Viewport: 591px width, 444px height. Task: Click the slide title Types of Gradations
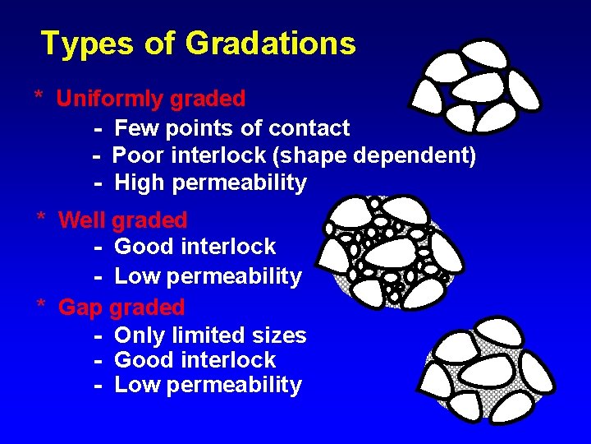click(x=198, y=43)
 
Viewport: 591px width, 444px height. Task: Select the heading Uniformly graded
click(x=151, y=99)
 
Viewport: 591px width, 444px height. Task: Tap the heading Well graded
click(x=123, y=220)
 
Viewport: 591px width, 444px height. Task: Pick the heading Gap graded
click(x=121, y=308)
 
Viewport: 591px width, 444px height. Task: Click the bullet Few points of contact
click(x=231, y=128)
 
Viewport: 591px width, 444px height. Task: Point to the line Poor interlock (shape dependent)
click(x=294, y=155)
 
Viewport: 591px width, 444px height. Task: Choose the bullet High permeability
click(x=210, y=183)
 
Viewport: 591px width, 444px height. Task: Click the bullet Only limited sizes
click(x=210, y=335)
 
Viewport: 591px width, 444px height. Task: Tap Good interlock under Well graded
click(x=195, y=247)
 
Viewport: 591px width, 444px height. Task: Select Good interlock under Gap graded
click(x=195, y=360)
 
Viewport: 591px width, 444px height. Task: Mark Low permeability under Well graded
click(x=208, y=276)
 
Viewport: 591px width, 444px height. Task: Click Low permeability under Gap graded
click(x=208, y=385)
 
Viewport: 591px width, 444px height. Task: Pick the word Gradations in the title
click(x=271, y=43)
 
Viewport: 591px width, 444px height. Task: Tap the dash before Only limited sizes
click(x=98, y=335)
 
